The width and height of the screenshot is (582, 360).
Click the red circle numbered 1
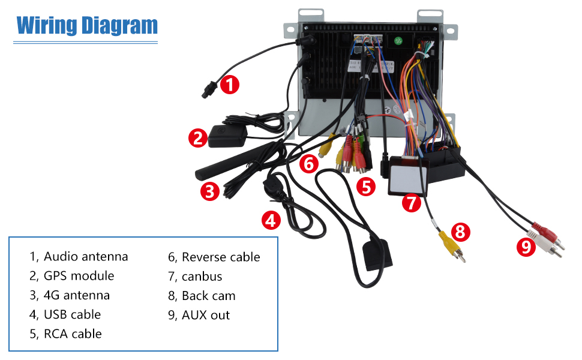point(229,84)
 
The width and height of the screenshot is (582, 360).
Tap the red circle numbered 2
point(197,139)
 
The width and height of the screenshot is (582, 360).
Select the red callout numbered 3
point(208,191)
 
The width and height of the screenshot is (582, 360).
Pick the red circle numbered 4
point(271,220)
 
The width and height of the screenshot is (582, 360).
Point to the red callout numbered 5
point(366,186)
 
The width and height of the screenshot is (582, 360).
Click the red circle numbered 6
point(308,163)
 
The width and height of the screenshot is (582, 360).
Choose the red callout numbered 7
point(411,203)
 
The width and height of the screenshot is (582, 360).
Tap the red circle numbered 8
point(460,231)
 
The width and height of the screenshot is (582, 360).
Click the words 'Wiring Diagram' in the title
point(87,25)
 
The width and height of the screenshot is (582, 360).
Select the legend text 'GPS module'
point(79,276)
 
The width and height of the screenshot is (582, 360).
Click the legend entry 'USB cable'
point(72,314)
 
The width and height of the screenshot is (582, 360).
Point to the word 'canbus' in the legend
point(202,277)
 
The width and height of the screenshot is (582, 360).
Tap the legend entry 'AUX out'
point(206,315)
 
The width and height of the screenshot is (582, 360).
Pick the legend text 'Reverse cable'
point(221,257)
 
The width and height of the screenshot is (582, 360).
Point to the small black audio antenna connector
point(209,92)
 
